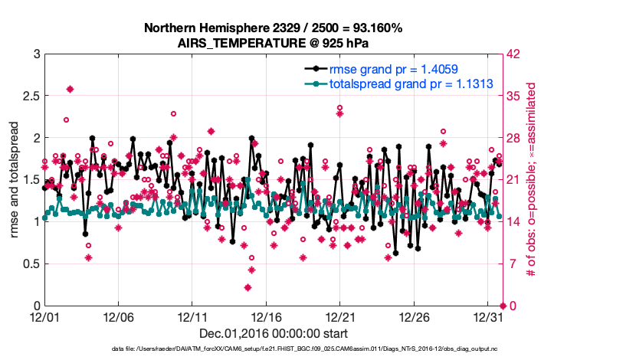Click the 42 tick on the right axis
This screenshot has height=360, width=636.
tap(515, 54)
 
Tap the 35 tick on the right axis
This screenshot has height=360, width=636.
tap(515, 97)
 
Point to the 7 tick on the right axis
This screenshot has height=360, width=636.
tap(512, 263)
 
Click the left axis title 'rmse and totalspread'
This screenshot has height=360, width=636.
tap(14, 180)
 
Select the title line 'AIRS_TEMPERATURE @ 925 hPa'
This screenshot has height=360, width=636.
tap(274, 42)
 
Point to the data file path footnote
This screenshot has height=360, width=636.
tap(304, 349)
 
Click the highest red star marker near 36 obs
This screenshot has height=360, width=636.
tap(70, 89)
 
